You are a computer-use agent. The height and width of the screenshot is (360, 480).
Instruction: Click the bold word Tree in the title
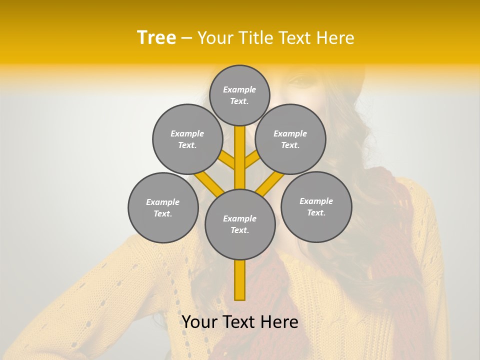pyautogui.click(x=156, y=37)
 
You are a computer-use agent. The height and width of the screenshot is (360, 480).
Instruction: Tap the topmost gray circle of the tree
pyautogui.click(x=239, y=95)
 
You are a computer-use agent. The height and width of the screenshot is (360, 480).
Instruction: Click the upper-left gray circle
pyautogui.click(x=187, y=139)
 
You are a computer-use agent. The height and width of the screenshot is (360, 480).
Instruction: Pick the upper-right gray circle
pyautogui.click(x=290, y=139)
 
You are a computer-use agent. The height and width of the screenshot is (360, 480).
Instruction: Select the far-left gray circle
pyautogui.click(x=163, y=207)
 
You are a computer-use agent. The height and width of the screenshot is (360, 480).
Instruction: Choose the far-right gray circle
pyautogui.click(x=316, y=206)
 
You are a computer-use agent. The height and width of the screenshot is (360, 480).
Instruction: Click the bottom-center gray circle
pyautogui.click(x=240, y=224)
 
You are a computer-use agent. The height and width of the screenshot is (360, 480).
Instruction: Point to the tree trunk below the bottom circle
pyautogui.click(x=240, y=280)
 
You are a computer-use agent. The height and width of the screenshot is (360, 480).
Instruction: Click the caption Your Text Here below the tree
pyautogui.click(x=240, y=322)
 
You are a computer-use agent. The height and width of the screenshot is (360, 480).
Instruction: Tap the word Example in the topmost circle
pyautogui.click(x=239, y=89)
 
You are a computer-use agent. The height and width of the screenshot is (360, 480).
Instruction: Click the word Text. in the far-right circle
pyautogui.click(x=316, y=212)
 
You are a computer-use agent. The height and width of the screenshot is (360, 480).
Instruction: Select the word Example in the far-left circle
pyautogui.click(x=162, y=202)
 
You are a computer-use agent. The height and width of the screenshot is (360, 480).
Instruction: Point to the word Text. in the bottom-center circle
pyautogui.click(x=239, y=230)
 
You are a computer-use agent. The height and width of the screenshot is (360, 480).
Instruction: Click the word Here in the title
pyautogui.click(x=335, y=38)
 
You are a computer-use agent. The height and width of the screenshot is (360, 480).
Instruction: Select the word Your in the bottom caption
pyautogui.click(x=199, y=322)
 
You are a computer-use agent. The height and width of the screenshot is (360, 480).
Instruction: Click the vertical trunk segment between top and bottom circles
pyautogui.click(x=240, y=155)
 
